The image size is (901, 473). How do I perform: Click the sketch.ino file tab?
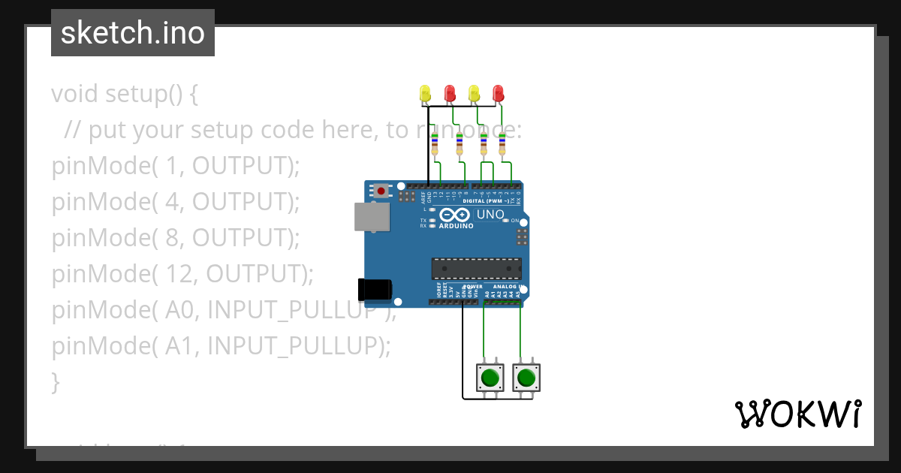point(133,33)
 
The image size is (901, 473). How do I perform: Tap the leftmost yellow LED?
point(425,94)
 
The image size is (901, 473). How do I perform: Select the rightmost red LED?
point(498,94)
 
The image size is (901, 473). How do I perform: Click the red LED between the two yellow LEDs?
point(450,94)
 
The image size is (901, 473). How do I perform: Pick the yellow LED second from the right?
point(474,94)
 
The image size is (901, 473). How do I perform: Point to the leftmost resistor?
point(435,144)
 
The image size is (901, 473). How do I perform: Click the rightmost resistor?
point(502,144)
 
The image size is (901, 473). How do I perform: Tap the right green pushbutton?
point(526,377)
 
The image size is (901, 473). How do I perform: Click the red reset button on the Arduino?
point(382,191)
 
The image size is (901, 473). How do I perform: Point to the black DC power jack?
point(375,290)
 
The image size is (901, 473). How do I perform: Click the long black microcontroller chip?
point(476,269)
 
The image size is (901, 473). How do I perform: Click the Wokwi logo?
point(797,414)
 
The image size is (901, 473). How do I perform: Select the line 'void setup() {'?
point(125,94)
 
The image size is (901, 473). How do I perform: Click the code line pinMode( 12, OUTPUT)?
point(182,274)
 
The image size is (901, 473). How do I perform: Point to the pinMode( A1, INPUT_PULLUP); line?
point(221,346)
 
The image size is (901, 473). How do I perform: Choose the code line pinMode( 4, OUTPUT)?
point(176,202)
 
